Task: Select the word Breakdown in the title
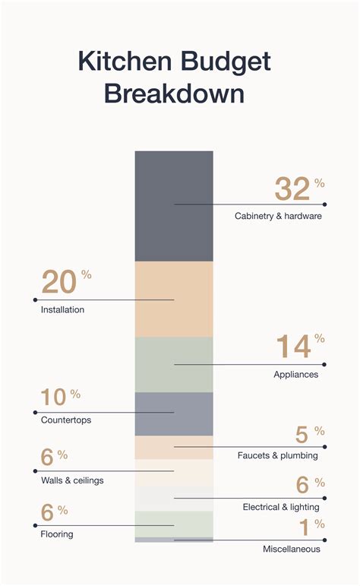click(x=174, y=94)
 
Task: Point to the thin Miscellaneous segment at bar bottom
click(x=174, y=540)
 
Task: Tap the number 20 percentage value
click(x=58, y=282)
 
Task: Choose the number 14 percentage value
click(x=293, y=347)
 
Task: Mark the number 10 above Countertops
click(x=52, y=398)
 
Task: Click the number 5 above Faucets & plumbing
click(x=302, y=435)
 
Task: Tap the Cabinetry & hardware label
click(x=278, y=216)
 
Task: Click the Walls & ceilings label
click(x=72, y=480)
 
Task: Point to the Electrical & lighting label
click(x=280, y=507)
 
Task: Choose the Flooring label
click(x=57, y=534)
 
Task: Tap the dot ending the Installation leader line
click(x=36, y=300)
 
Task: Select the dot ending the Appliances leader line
click(x=324, y=365)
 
